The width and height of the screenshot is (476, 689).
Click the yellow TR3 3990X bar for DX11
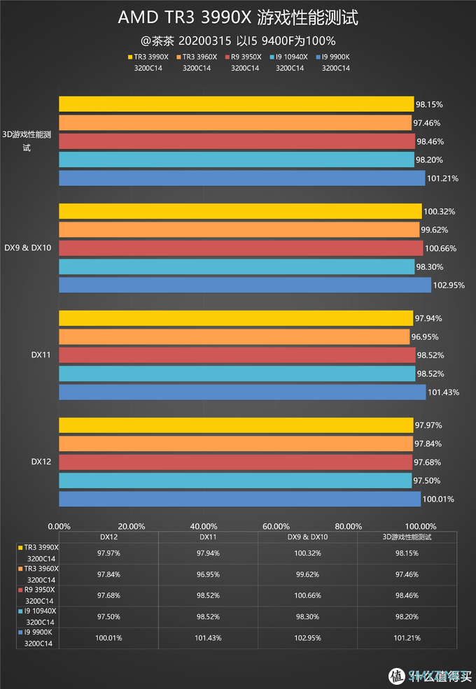235,318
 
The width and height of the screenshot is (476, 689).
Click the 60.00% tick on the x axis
276,527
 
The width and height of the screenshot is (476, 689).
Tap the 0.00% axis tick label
59,527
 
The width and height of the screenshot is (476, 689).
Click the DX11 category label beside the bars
40,355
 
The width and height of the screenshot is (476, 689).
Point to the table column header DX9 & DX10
307,537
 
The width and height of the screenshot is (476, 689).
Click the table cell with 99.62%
307,575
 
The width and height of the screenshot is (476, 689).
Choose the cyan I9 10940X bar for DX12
235,481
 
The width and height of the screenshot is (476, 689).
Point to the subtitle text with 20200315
238,41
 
